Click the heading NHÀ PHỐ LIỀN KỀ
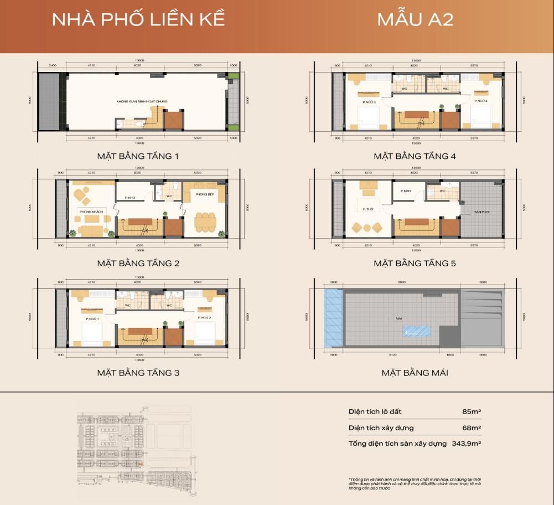tap(138, 19)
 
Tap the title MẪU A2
tap(415, 19)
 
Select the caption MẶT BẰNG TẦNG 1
tap(138, 156)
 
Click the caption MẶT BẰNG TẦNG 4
tap(415, 156)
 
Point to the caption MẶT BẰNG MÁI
tap(415, 373)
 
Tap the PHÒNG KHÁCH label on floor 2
tap(88, 212)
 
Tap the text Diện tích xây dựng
tap(381, 428)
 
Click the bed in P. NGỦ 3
tap(366, 118)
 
